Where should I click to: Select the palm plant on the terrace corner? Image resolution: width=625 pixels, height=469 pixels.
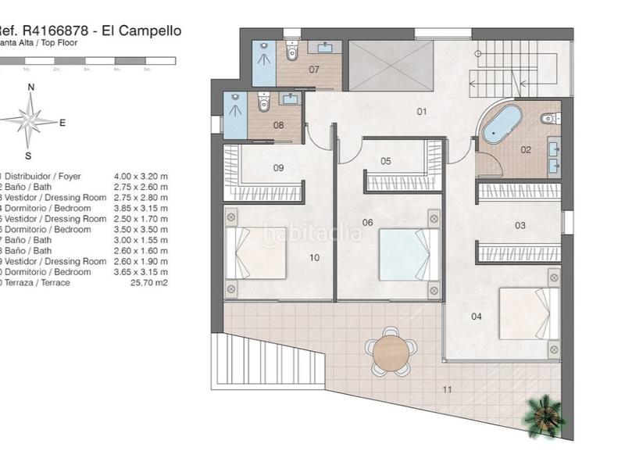point(543,414)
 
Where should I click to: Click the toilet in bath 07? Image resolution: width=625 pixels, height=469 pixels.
point(292,52)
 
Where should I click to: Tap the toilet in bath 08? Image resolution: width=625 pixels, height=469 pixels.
point(264,102)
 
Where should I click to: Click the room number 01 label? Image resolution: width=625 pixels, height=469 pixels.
point(422,112)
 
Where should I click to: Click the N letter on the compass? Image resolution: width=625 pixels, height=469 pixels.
point(30,88)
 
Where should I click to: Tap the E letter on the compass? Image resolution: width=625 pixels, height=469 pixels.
point(62,122)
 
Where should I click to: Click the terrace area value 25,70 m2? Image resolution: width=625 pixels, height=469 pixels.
point(151,282)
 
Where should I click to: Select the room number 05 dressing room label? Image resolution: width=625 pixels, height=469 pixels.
point(386,161)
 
